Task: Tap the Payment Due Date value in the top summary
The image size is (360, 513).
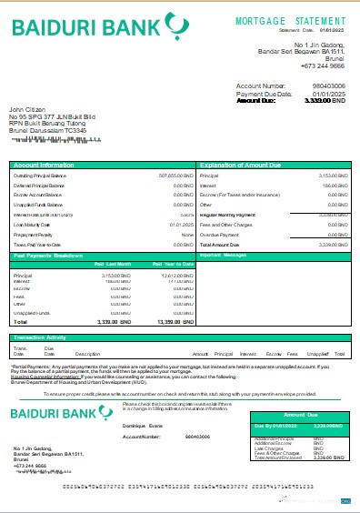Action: tap(331, 94)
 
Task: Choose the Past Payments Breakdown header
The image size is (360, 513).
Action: tap(49, 256)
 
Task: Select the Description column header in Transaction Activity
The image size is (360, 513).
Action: tap(87, 353)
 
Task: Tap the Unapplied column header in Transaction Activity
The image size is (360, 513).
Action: tap(315, 353)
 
